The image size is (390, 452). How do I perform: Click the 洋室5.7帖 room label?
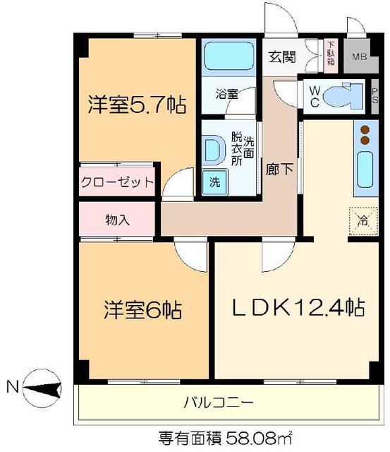[137, 106]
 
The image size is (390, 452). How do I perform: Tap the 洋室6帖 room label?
[143, 310]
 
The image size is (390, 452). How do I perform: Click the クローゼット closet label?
[116, 183]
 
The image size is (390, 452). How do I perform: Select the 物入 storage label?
[117, 218]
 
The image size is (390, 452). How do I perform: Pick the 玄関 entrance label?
[281, 57]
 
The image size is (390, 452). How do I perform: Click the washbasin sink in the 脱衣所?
[213, 150]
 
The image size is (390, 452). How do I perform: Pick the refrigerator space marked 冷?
[361, 218]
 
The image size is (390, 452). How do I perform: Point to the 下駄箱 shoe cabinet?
[331, 54]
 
